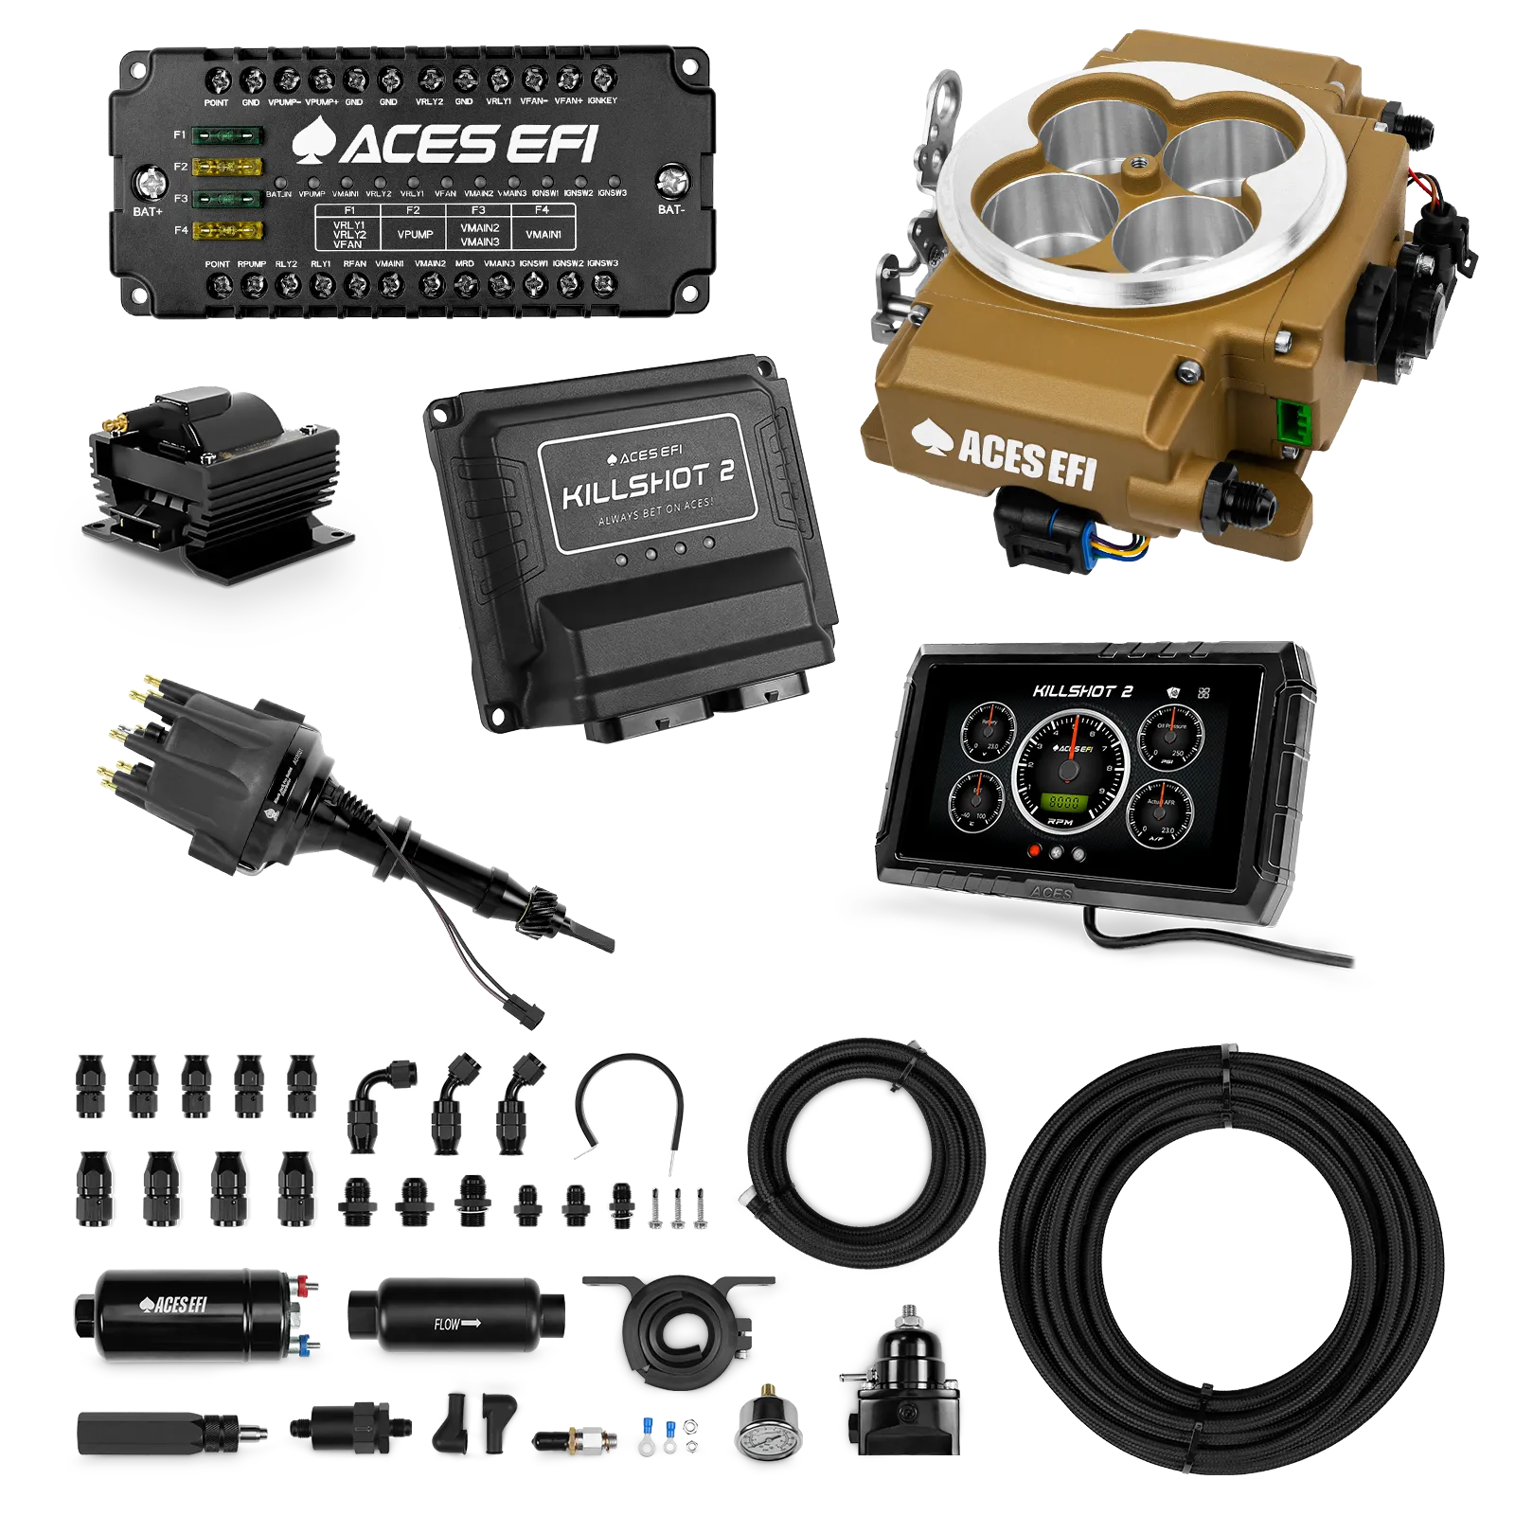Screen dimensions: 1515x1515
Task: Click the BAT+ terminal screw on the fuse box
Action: click(149, 180)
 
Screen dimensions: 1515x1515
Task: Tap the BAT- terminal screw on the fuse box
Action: click(670, 178)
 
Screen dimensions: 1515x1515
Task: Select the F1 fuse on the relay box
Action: click(227, 135)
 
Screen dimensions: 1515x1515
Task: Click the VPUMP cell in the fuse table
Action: click(415, 234)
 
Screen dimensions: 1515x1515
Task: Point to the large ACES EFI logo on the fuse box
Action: click(445, 144)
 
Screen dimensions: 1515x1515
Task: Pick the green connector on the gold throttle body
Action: click(1289, 420)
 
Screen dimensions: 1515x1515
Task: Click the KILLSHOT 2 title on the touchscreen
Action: click(1081, 691)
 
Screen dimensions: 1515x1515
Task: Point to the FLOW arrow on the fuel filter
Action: click(456, 1323)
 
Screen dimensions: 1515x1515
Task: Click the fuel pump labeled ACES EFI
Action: click(189, 1314)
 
